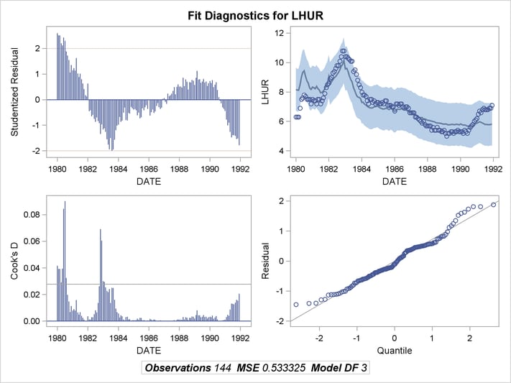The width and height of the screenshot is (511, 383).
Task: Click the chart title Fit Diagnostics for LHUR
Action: click(x=255, y=14)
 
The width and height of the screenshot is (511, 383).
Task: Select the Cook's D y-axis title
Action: click(x=15, y=258)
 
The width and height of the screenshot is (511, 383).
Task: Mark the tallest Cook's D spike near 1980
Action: click(x=65, y=202)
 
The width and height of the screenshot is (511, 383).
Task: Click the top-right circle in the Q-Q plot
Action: click(x=493, y=204)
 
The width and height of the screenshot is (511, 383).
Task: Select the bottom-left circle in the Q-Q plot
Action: click(x=295, y=305)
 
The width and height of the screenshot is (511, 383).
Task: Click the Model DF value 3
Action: click(x=367, y=368)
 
